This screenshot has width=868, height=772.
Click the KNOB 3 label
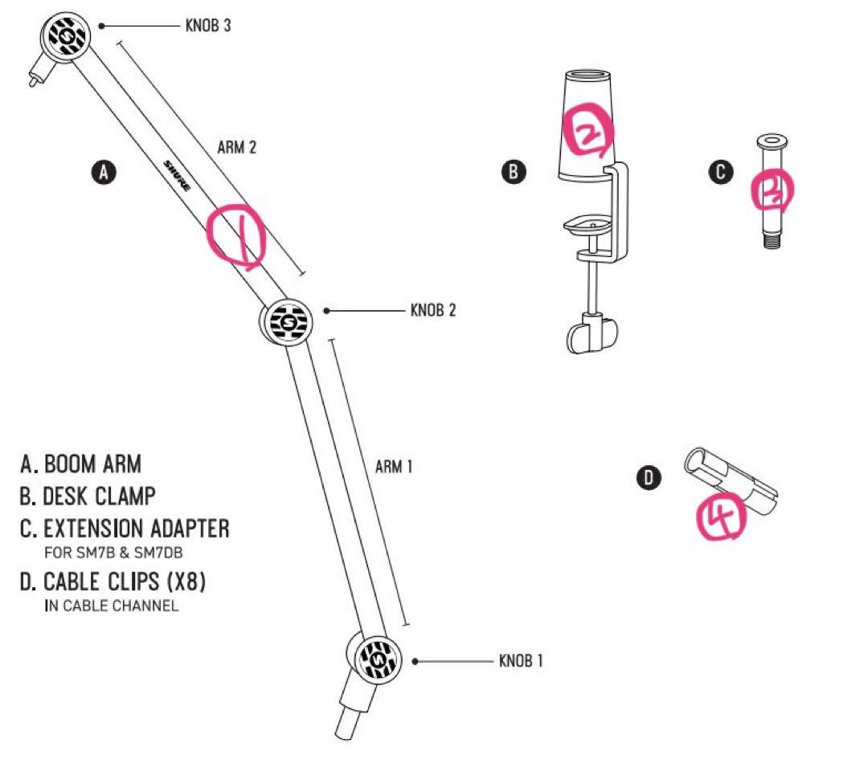click(x=207, y=26)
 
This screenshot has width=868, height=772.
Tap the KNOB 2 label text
click(x=432, y=310)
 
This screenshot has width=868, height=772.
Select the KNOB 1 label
click(x=521, y=661)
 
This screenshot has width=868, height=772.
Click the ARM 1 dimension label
click(x=393, y=467)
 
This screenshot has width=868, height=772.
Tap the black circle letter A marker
click(x=104, y=171)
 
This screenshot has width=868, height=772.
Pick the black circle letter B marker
click(x=514, y=171)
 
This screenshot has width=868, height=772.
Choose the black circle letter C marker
click(x=721, y=171)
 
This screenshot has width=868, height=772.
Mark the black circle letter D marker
click(x=649, y=479)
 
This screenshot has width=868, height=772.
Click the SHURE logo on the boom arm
click(x=177, y=175)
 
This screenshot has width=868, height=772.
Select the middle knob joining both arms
click(x=285, y=321)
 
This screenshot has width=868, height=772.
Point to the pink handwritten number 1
click(x=235, y=235)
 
